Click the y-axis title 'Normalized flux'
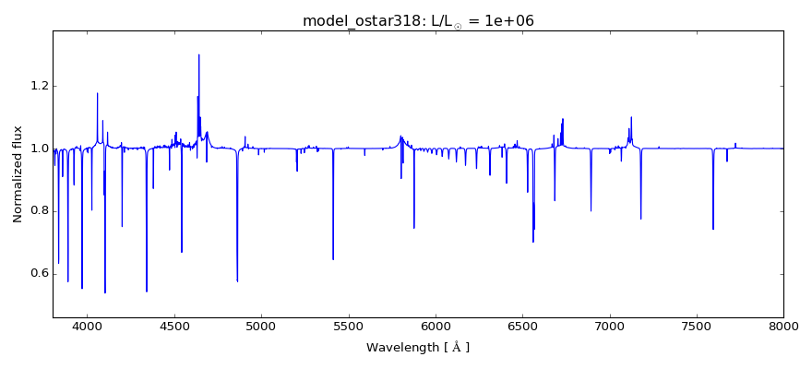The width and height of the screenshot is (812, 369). pyautogui.click(x=18, y=174)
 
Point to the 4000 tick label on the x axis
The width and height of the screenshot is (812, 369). pyautogui.click(x=88, y=327)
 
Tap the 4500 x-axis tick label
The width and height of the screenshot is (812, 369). pyautogui.click(x=174, y=327)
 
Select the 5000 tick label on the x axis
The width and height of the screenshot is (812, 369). pyautogui.click(x=261, y=327)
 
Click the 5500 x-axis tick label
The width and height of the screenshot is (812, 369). pyautogui.click(x=348, y=327)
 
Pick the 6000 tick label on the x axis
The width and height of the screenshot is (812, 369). pyautogui.click(x=436, y=327)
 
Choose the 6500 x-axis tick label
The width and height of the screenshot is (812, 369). pyautogui.click(x=522, y=327)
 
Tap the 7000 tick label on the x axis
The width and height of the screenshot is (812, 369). pyautogui.click(x=609, y=327)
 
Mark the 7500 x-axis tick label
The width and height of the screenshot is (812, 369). pyautogui.click(x=697, y=327)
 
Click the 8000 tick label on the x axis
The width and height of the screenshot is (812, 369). pyautogui.click(x=783, y=327)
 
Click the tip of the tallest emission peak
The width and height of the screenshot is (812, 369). pyautogui.click(x=198, y=54)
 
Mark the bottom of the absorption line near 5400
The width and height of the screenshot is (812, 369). pyautogui.click(x=333, y=259)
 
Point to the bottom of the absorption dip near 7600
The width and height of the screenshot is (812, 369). pyautogui.click(x=713, y=229)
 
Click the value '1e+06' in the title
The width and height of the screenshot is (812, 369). pyautogui.click(x=507, y=21)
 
